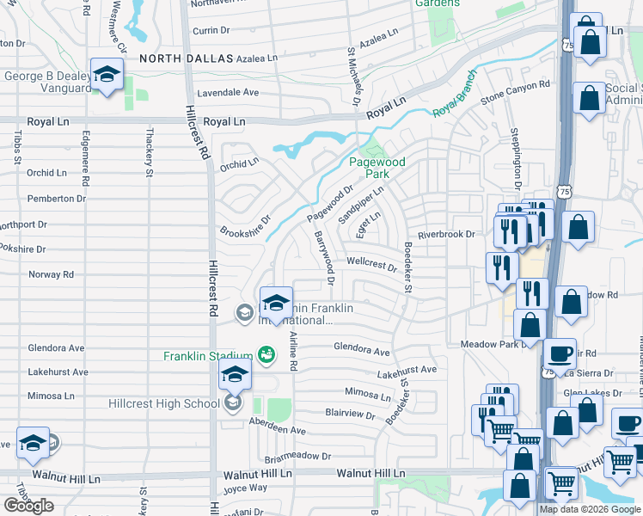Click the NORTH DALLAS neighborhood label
click(x=186, y=58)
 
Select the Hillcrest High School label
click(x=164, y=403)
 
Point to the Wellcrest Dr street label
click(x=371, y=262)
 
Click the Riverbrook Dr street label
click(x=446, y=234)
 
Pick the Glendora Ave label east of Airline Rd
click(x=362, y=349)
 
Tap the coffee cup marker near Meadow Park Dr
click(x=560, y=353)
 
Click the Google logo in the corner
click(x=28, y=506)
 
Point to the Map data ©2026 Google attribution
click(x=590, y=509)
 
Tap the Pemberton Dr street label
click(x=57, y=199)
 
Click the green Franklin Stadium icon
click(x=266, y=354)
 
